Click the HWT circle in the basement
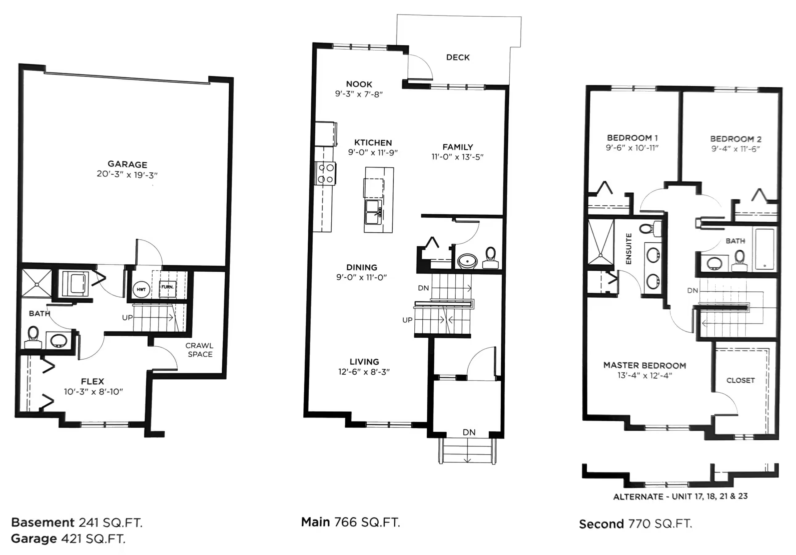pos(142,290)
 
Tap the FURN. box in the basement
pos(168,288)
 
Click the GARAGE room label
pos(127,164)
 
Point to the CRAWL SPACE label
pos(199,350)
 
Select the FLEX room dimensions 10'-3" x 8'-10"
pos(93,392)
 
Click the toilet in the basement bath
pos(33,337)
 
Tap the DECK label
pos(457,58)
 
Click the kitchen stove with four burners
pos(325,174)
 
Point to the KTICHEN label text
pos(373,142)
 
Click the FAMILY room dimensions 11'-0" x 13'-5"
pos(457,157)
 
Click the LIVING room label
pos(364,362)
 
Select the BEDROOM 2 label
pos(736,139)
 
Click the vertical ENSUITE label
pos(629,249)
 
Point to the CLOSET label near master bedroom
pos(741,380)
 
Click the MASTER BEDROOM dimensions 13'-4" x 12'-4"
pos(645,376)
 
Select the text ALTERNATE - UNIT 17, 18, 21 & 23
pos(680,496)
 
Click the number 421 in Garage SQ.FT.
pos(72,539)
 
